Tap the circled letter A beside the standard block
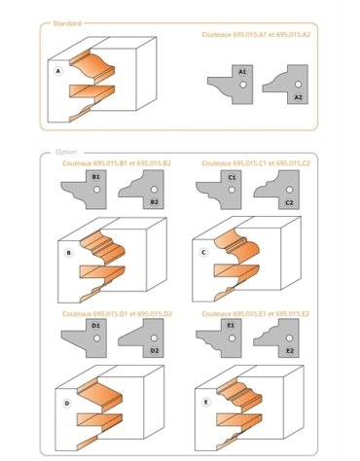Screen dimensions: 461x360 point(59,71)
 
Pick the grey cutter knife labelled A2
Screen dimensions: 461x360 point(288,85)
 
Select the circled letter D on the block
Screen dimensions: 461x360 point(67,403)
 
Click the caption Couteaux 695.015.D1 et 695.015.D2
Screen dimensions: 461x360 point(117,314)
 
